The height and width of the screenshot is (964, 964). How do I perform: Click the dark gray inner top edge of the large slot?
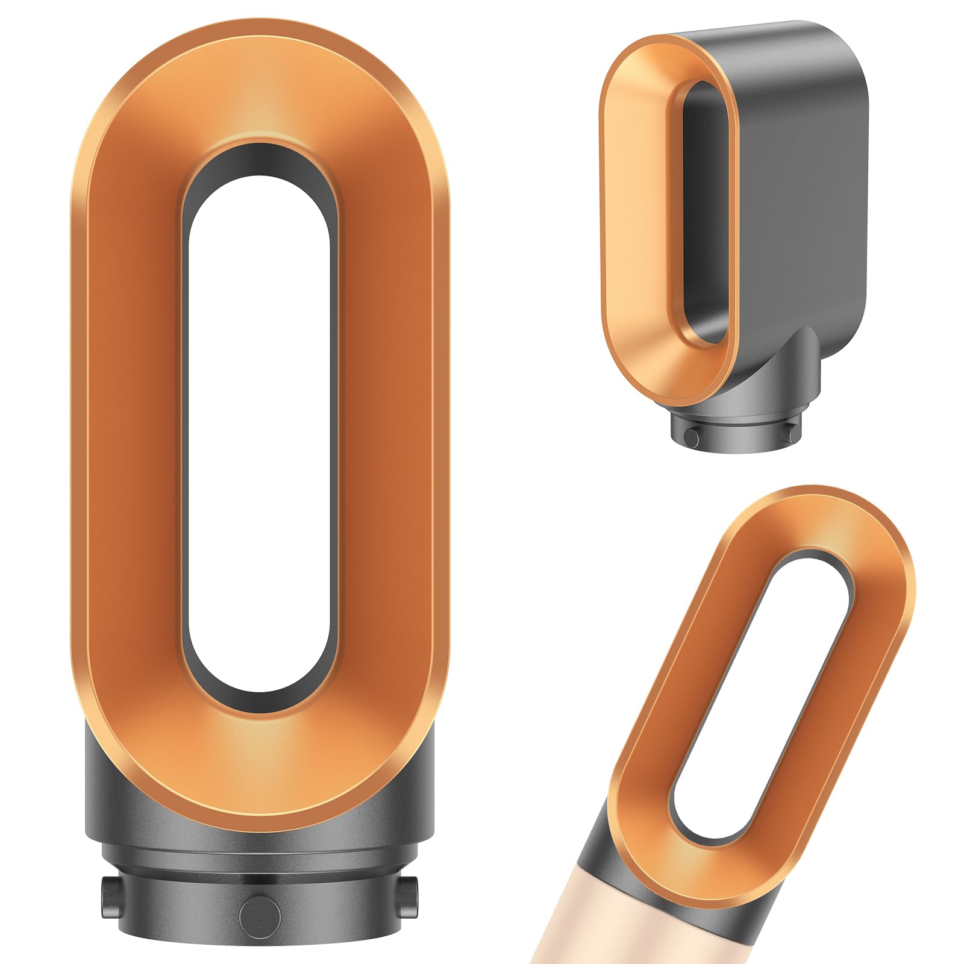259,160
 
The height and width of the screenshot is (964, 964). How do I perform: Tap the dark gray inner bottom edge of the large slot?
259,702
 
